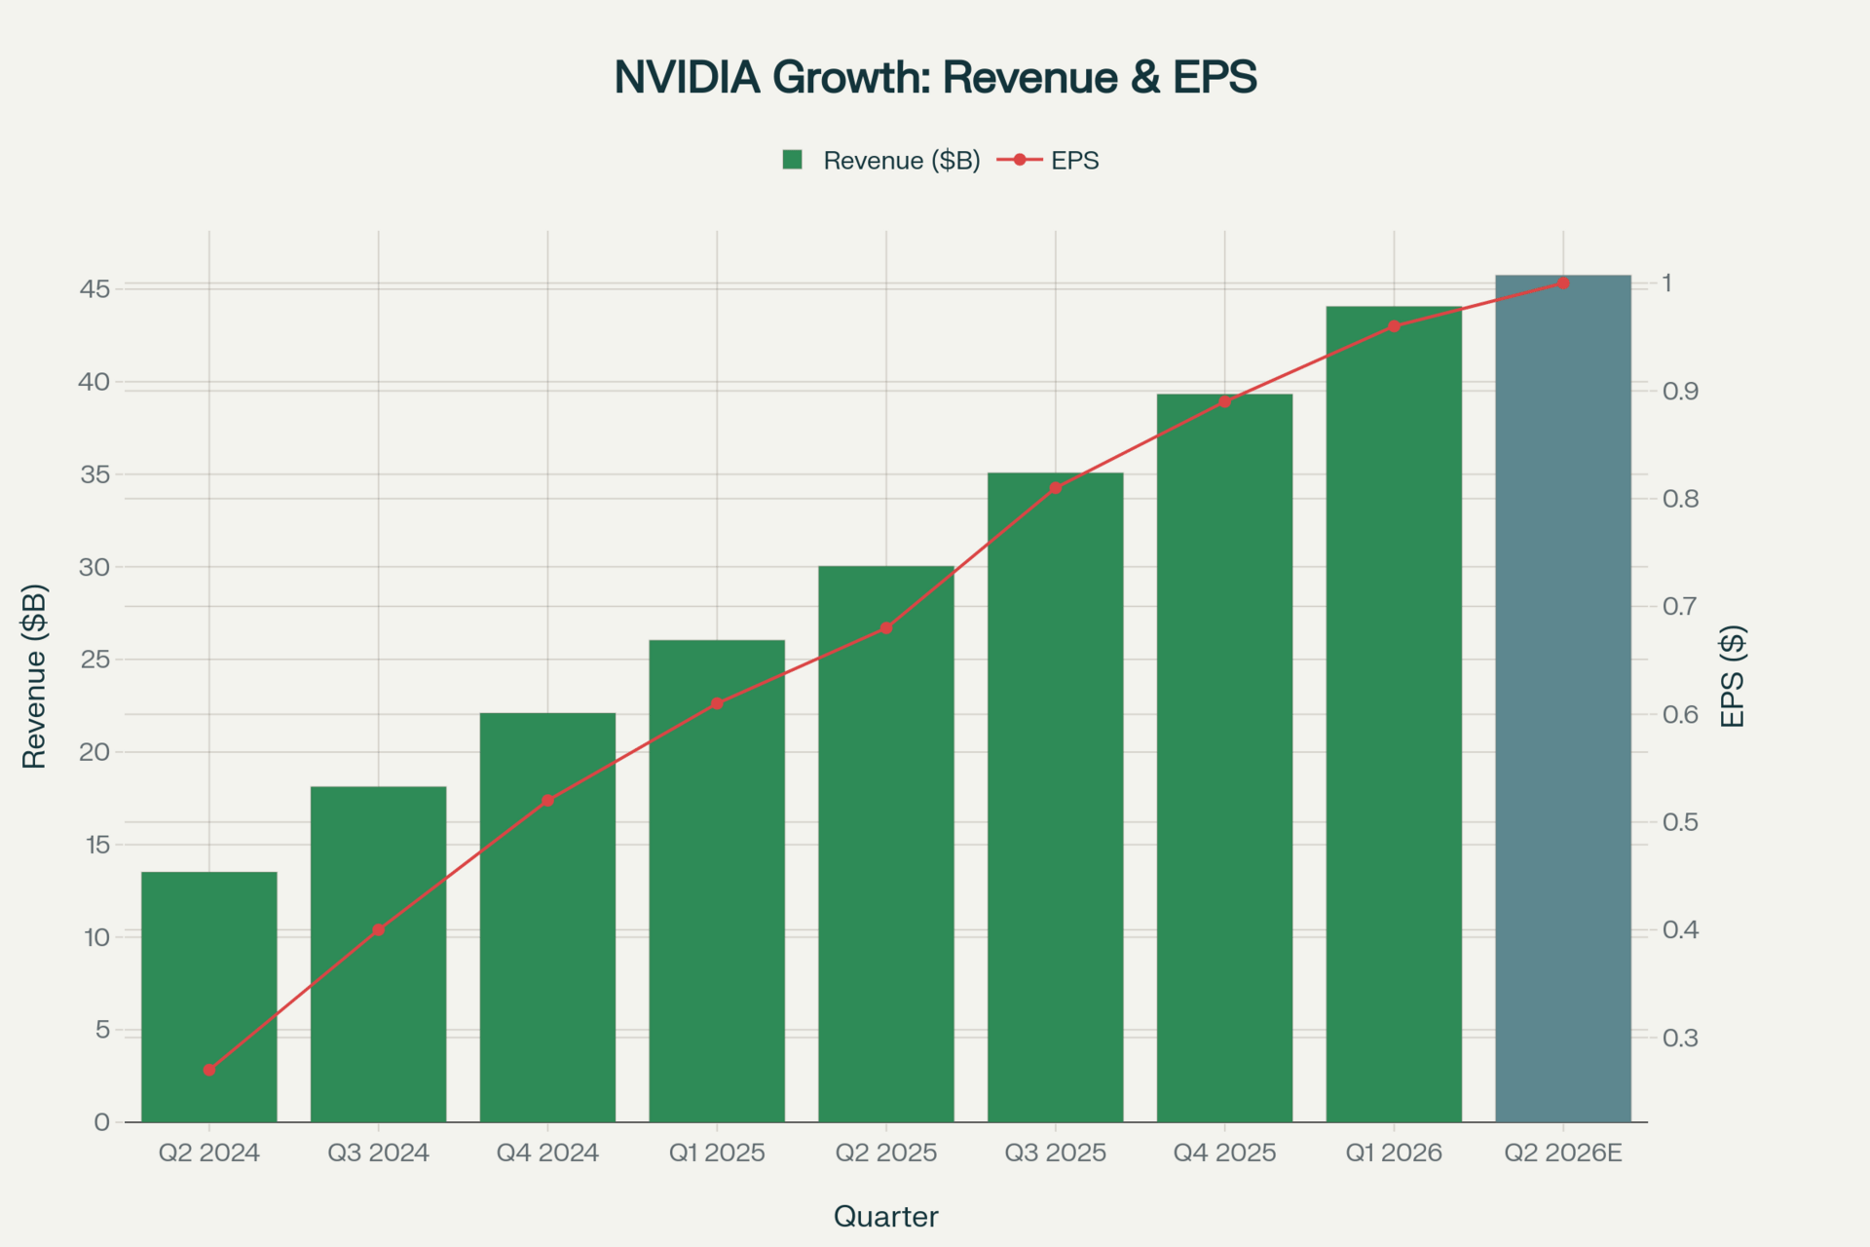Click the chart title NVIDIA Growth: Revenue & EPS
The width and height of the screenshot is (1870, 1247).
tap(935, 77)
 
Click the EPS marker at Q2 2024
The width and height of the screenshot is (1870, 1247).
tap(209, 1070)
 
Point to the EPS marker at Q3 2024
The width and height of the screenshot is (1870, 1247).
tap(379, 929)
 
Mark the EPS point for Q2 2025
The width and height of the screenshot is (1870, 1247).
tap(886, 628)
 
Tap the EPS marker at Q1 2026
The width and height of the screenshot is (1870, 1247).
tap(1394, 326)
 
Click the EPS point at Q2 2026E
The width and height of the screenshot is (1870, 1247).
tap(1563, 283)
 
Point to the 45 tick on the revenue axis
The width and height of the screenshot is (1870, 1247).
tap(94, 289)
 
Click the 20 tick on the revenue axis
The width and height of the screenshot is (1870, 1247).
tap(94, 752)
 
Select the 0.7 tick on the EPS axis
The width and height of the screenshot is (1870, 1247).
tap(1680, 607)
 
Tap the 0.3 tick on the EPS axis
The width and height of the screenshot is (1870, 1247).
tap(1680, 1039)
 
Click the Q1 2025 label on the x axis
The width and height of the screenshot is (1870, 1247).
tap(717, 1153)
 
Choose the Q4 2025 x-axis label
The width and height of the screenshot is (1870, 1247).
tap(1224, 1153)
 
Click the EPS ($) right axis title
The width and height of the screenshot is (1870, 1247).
tap(1733, 676)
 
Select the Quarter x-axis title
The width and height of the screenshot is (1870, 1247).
tap(885, 1217)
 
